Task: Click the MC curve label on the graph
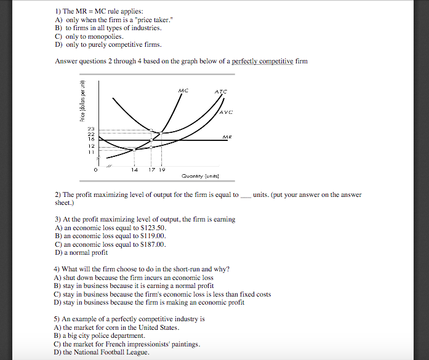[x=182, y=91]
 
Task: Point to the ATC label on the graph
[x=220, y=92]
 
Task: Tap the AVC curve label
[x=225, y=113]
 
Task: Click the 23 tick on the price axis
[x=90, y=127]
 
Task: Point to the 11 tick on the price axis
[x=90, y=151]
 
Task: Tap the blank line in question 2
[x=246, y=195]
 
